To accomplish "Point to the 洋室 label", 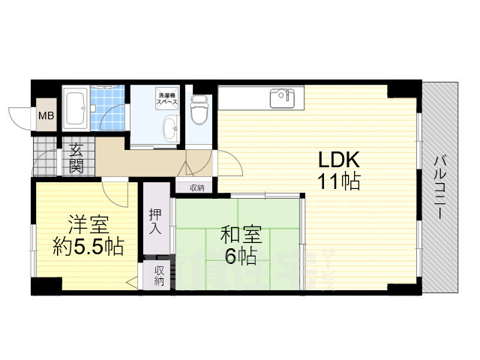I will [88, 224].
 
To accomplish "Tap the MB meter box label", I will [45, 116].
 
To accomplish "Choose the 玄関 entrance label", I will [76, 158].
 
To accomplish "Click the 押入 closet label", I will [155, 220].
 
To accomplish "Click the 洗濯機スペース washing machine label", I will [166, 98].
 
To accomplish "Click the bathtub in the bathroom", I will [76, 109].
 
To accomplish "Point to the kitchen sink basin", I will [283, 96].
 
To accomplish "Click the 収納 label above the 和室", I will [196, 187].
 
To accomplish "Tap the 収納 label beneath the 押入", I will [159, 275].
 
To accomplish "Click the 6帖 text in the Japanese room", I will [240, 256].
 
